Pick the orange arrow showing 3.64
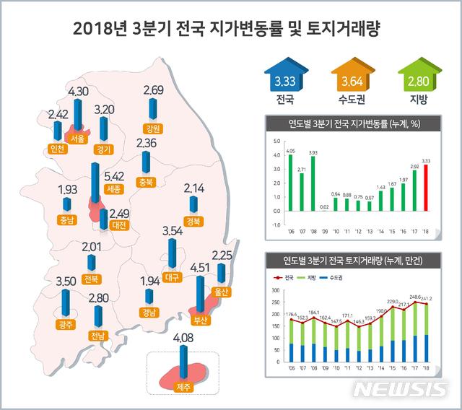point(346,77)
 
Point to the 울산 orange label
point(220,292)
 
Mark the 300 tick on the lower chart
point(275,290)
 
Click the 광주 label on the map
point(66,324)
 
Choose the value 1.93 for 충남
point(68,189)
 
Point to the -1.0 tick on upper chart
point(275,224)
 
